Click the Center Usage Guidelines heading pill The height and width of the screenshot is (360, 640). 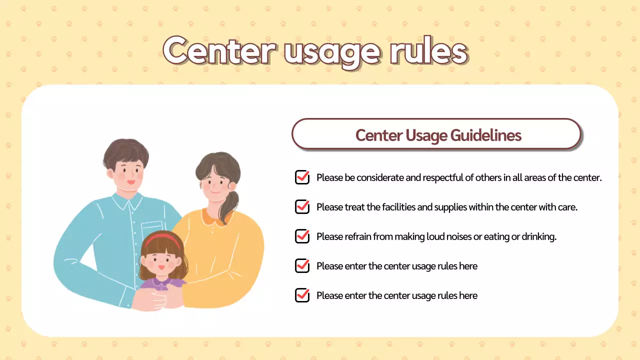[437, 134]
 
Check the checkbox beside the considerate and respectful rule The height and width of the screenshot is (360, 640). [302, 177]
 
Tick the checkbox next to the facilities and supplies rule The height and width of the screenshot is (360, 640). [302, 206]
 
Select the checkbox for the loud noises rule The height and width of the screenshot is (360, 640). [302, 236]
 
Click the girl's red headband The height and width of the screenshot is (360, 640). [161, 239]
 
